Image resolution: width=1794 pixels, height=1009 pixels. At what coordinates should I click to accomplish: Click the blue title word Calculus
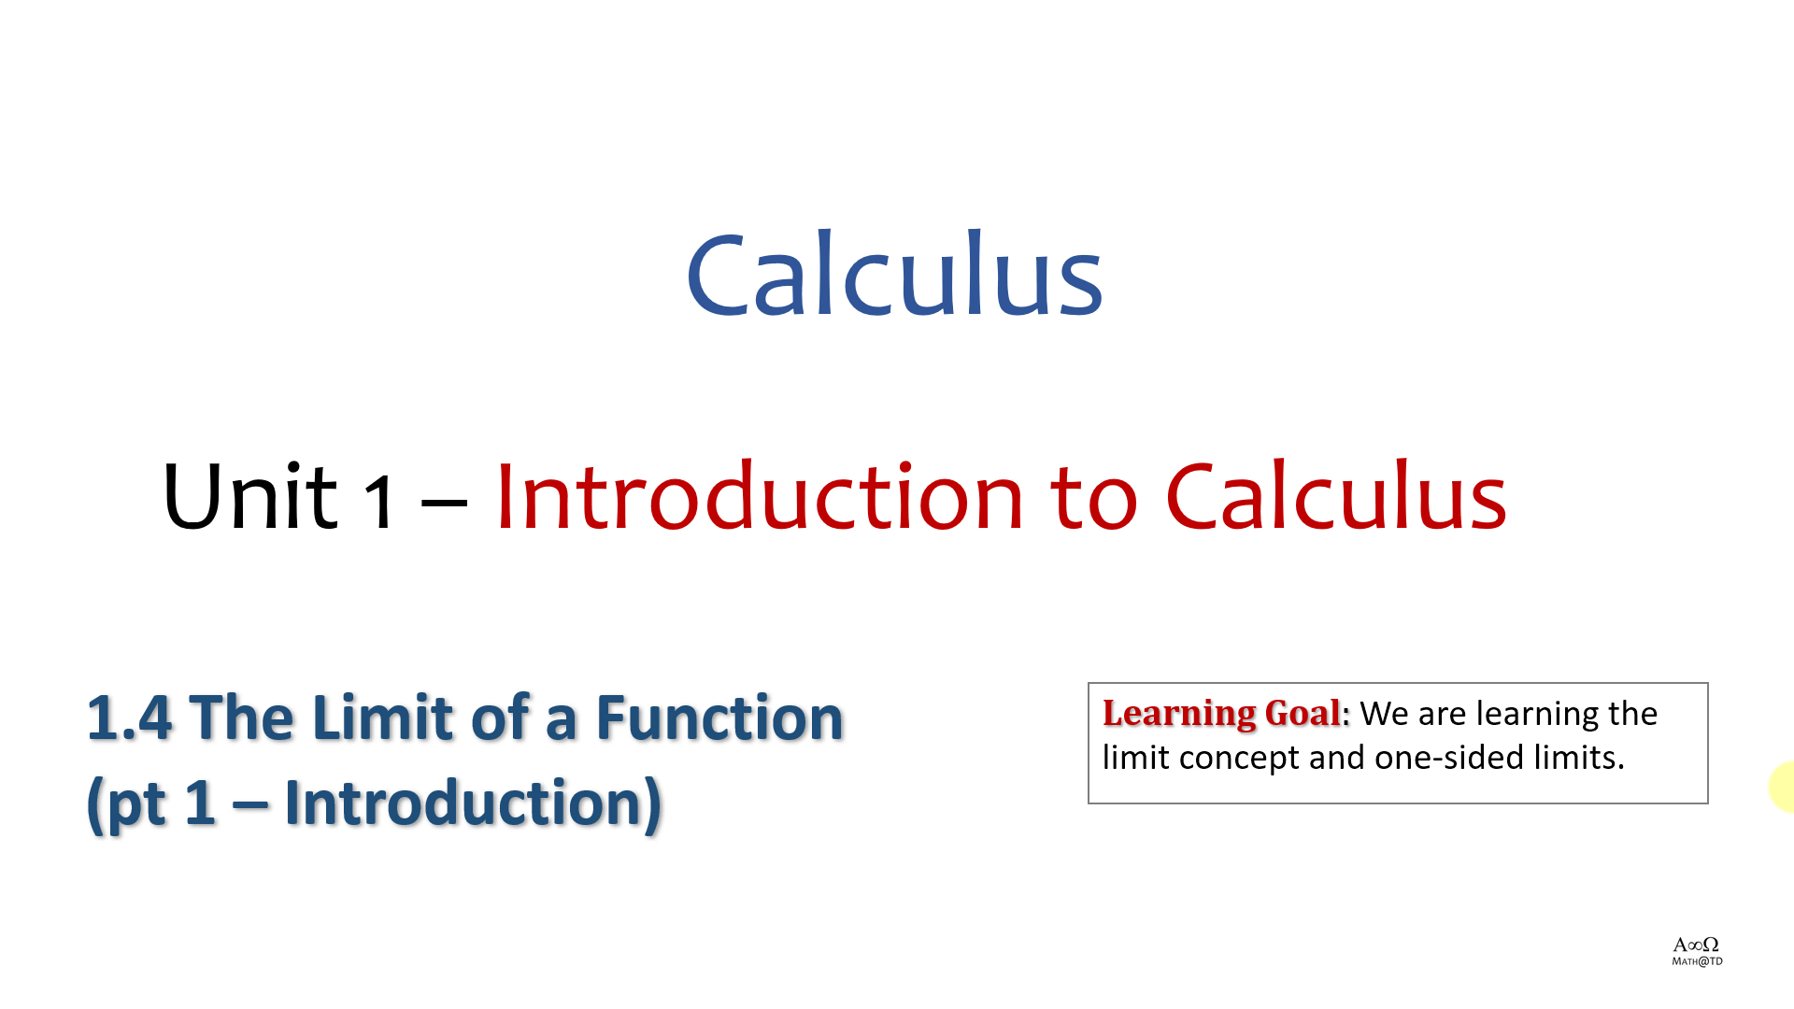click(895, 274)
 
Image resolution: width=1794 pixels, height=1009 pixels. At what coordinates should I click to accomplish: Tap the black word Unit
click(249, 495)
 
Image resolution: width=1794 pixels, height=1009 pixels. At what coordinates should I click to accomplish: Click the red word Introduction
click(760, 495)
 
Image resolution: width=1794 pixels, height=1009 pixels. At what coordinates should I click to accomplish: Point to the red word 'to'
click(1094, 500)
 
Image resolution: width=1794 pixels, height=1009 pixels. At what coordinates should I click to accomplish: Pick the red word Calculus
click(1336, 495)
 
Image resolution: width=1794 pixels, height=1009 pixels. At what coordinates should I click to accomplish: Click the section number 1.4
click(130, 718)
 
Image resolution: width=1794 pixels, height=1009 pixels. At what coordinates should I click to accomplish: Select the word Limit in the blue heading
click(369, 718)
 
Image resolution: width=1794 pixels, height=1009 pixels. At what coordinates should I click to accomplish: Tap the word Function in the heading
click(719, 718)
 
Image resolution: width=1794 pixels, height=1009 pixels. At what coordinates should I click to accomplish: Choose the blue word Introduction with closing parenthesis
click(473, 803)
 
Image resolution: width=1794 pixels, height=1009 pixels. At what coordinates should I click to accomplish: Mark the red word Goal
click(1303, 713)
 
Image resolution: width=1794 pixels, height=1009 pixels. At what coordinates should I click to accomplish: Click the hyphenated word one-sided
click(1450, 757)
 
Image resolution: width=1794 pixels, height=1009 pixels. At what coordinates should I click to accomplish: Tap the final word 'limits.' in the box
click(1579, 757)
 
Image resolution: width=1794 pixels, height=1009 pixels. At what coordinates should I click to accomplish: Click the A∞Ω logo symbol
click(1696, 945)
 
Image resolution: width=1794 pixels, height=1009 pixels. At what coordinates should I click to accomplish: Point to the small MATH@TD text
click(1697, 961)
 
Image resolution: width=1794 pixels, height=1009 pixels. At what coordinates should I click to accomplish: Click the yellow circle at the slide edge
click(1782, 787)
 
